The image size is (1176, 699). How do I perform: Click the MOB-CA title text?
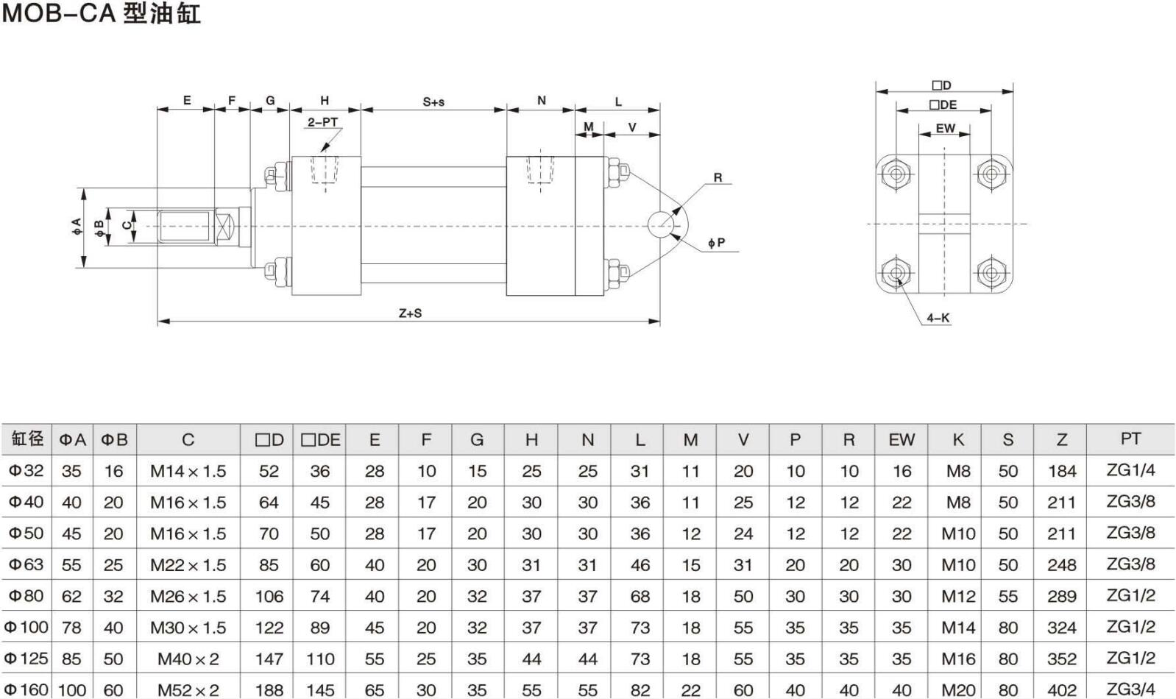coord(101,13)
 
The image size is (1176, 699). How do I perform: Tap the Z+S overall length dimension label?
coord(410,313)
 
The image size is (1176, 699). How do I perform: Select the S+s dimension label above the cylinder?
coord(433,102)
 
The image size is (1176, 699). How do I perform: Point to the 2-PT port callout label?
coord(322,122)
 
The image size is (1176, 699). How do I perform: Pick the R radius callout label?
coord(718,177)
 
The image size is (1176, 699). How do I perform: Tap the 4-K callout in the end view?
coord(938,318)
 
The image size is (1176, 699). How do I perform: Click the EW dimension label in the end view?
coord(945,129)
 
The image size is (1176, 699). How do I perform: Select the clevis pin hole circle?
coord(662,224)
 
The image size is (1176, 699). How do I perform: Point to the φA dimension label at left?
coord(77,227)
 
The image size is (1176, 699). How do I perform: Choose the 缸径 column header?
coord(27,439)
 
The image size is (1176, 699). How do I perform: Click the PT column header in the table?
coord(1130,439)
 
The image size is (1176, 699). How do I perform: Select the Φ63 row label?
coord(26,564)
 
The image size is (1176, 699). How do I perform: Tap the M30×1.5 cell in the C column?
coord(188,628)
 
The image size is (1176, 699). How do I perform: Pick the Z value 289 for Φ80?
coord(1061,596)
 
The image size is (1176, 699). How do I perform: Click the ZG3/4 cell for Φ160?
coord(1130,689)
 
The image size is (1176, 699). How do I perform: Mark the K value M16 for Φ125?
coord(958,659)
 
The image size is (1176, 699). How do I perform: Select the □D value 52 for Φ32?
coord(269,471)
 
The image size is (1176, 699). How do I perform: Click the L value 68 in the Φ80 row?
coord(640,596)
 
